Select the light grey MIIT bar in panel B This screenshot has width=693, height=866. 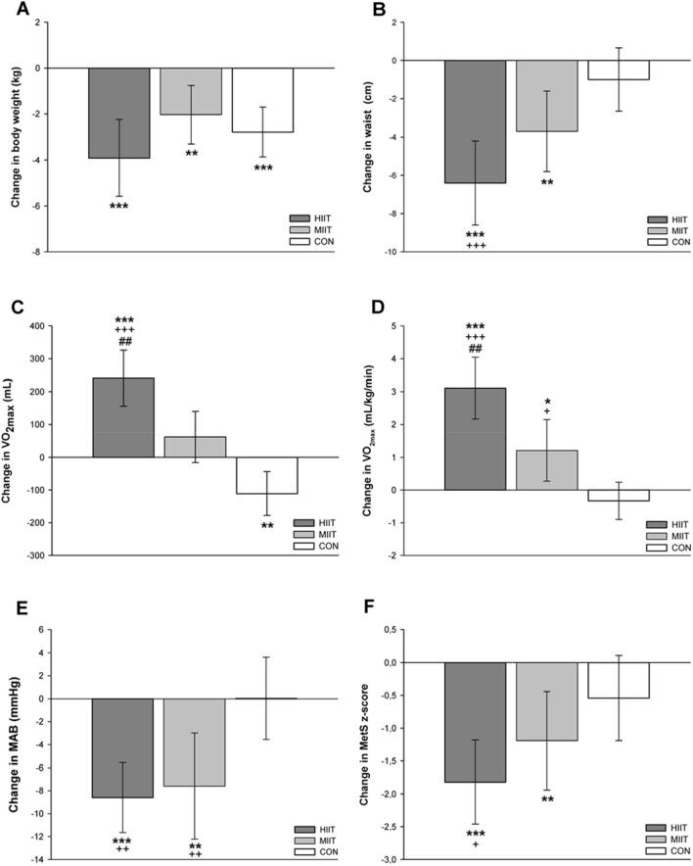[546, 96]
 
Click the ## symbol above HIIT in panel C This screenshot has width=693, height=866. [124, 342]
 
